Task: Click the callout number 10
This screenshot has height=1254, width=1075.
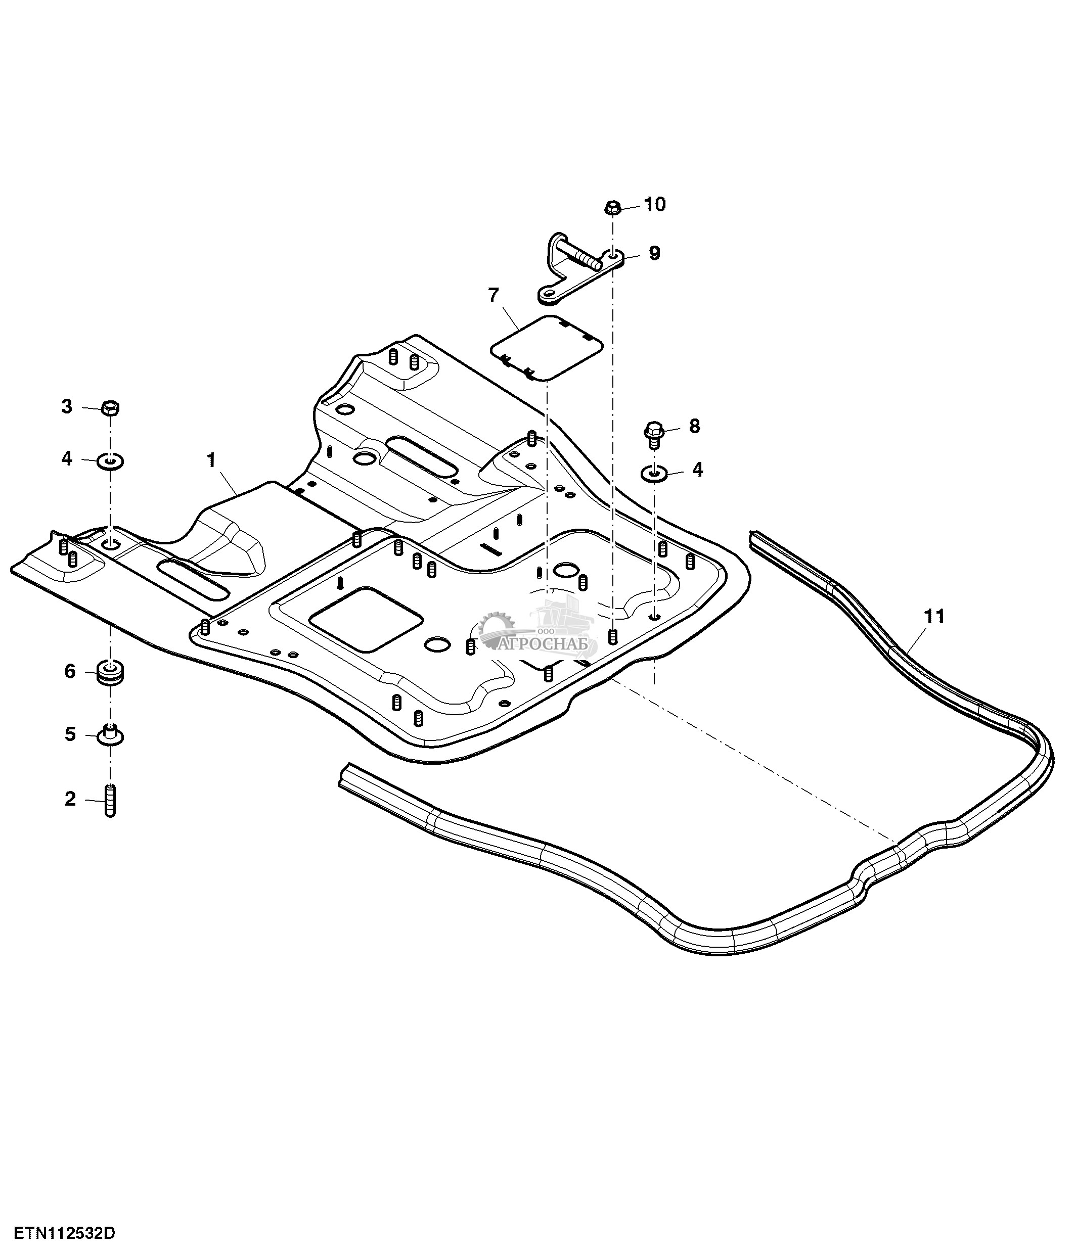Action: pyautogui.click(x=654, y=205)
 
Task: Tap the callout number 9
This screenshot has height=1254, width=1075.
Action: pyautogui.click(x=654, y=254)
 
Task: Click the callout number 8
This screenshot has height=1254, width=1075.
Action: pyautogui.click(x=694, y=426)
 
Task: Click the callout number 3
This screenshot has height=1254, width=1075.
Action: pyautogui.click(x=67, y=407)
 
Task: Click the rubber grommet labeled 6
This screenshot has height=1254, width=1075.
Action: pyautogui.click(x=110, y=674)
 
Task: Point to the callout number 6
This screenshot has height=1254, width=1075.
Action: pyautogui.click(x=70, y=671)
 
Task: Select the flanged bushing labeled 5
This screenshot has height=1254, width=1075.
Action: pyautogui.click(x=110, y=735)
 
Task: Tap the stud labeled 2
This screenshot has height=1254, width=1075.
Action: pyautogui.click(x=110, y=801)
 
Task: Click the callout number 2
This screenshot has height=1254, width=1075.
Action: pyautogui.click(x=70, y=799)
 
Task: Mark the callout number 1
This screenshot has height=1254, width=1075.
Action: pyautogui.click(x=211, y=460)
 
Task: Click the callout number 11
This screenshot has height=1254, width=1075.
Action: pyautogui.click(x=934, y=617)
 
